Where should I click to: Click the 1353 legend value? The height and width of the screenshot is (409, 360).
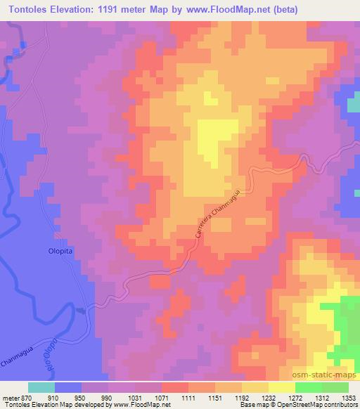point(349,397)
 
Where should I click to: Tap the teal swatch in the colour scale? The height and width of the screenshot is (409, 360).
point(41,387)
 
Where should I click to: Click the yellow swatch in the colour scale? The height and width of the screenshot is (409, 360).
point(281,387)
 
